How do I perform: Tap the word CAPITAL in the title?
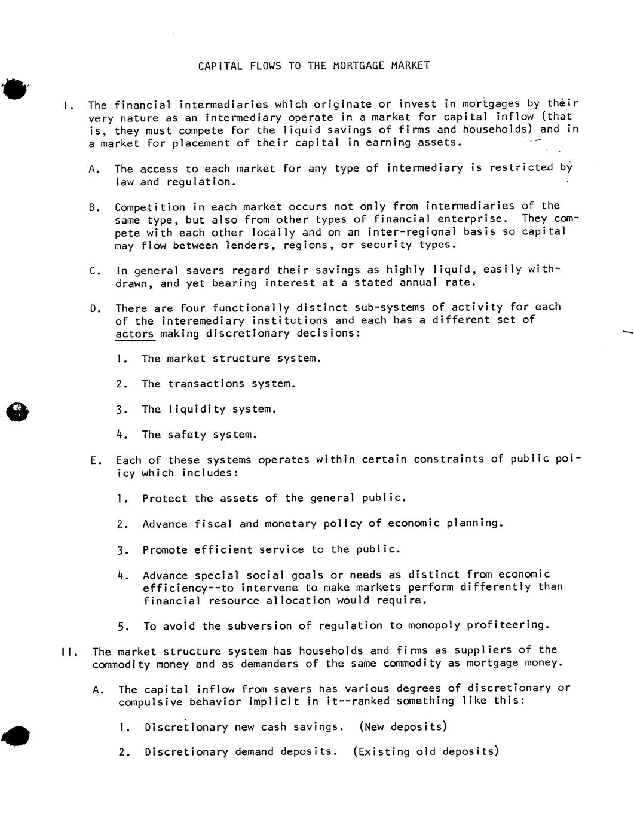coord(220,65)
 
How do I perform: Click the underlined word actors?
coord(134,334)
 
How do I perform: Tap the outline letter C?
coord(94,271)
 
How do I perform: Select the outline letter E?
coord(94,460)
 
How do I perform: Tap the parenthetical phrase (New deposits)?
coord(403,727)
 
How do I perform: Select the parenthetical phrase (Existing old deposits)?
coord(425,752)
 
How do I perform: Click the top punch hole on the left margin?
coord(15,89)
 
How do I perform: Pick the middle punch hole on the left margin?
coord(17,411)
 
